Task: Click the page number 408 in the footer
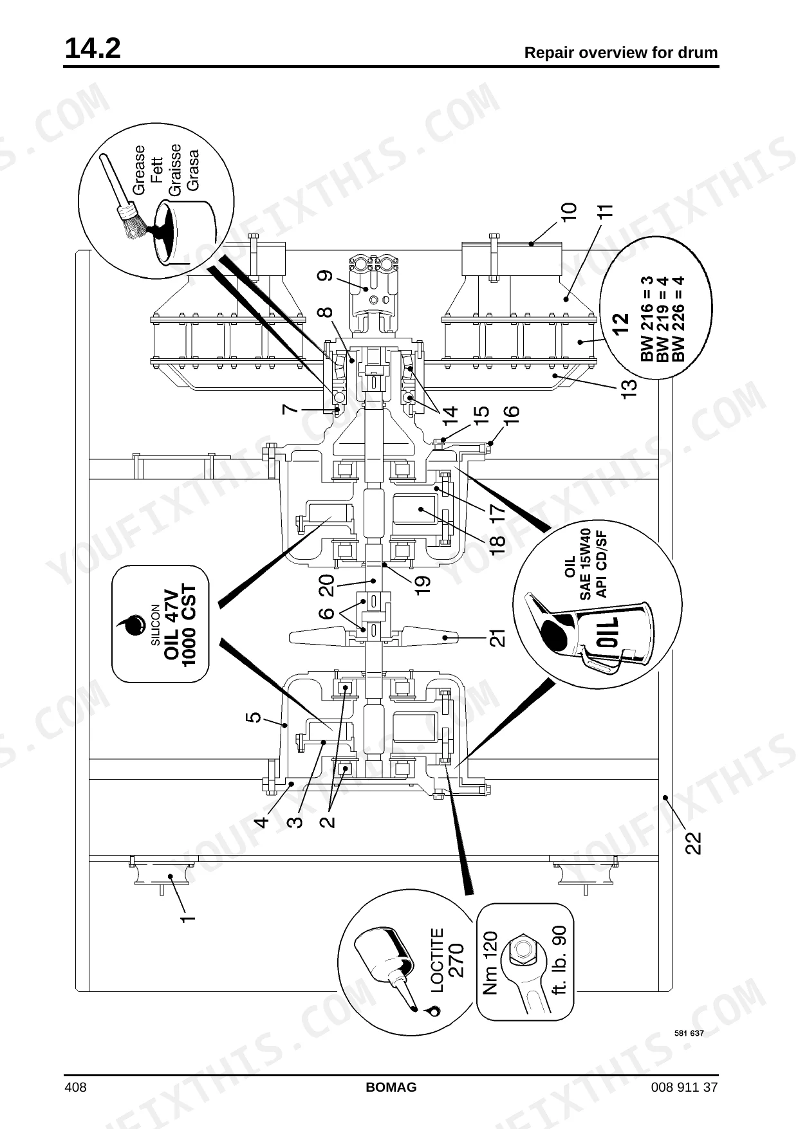coord(75,1087)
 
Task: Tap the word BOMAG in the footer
coord(391,1087)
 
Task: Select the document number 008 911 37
coord(684,1087)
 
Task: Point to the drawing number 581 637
coord(689,1033)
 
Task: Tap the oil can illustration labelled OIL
coord(589,634)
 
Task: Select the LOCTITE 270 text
coord(446,960)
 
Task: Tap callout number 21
coord(497,638)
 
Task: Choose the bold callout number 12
coord(620,324)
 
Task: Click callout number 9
coord(326,276)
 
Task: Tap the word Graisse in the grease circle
coord(174,169)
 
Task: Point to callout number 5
coord(254,717)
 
